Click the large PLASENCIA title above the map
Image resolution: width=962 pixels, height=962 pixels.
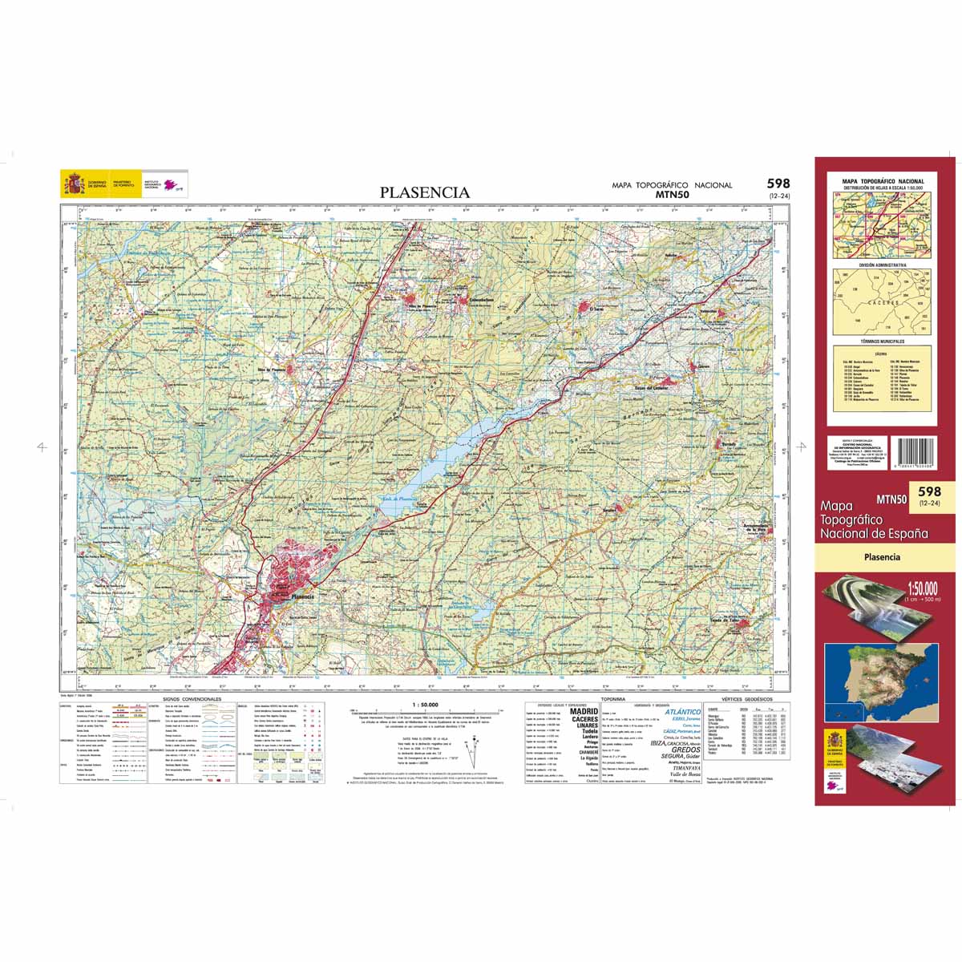[x=425, y=192]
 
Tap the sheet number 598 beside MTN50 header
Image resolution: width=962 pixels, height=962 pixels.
[x=777, y=184]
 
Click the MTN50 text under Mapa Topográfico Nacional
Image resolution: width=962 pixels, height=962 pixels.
[x=672, y=194]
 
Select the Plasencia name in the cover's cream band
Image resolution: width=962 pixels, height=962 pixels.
[x=883, y=557]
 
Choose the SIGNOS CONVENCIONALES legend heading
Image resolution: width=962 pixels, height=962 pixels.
[x=192, y=699]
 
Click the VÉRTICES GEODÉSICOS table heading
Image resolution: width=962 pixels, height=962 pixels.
[x=742, y=700]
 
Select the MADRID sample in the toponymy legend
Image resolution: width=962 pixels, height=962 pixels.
[x=584, y=711]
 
